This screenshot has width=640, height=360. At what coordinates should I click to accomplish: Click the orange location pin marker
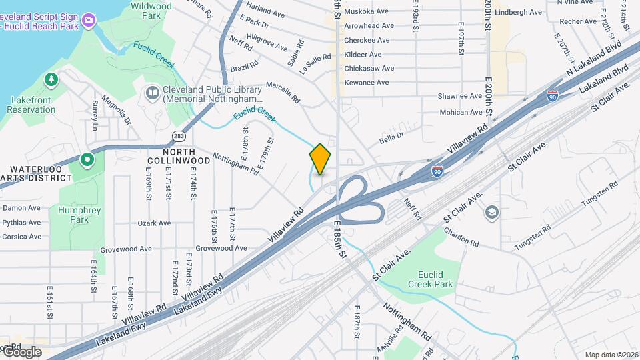click(320, 159)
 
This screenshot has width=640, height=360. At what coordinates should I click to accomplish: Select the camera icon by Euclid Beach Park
click(89, 25)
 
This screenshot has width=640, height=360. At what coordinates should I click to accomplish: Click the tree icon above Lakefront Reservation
click(51, 81)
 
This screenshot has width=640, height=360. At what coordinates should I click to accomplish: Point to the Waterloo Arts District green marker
click(87, 160)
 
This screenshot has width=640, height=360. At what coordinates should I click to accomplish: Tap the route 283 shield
click(178, 136)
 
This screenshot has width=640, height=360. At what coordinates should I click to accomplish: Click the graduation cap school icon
click(492, 213)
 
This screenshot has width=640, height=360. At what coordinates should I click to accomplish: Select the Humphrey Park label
click(79, 215)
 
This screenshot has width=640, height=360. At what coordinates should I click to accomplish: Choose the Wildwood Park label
click(151, 10)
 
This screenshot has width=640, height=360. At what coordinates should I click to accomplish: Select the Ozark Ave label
click(155, 223)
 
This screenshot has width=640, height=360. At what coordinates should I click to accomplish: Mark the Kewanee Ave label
click(366, 83)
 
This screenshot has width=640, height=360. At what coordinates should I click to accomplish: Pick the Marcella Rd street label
click(283, 90)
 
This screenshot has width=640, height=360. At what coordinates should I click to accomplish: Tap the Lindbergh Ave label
click(519, 12)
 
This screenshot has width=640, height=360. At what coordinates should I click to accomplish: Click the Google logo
click(21, 352)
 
